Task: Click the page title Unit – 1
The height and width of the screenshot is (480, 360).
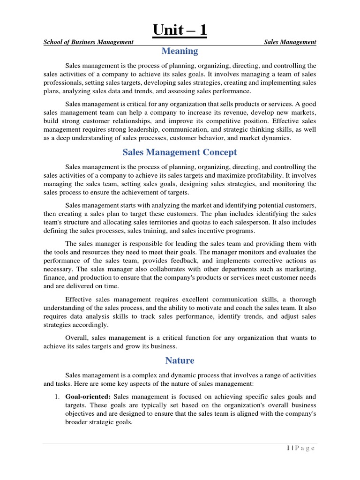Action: tap(180, 31)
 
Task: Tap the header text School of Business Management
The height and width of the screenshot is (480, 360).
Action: tap(89, 42)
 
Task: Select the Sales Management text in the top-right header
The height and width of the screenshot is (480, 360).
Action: tap(290, 42)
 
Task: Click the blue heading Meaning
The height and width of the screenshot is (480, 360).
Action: tap(180, 51)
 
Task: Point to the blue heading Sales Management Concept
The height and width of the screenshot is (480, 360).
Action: tap(180, 152)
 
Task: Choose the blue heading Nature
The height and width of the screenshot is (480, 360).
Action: tap(180, 360)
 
